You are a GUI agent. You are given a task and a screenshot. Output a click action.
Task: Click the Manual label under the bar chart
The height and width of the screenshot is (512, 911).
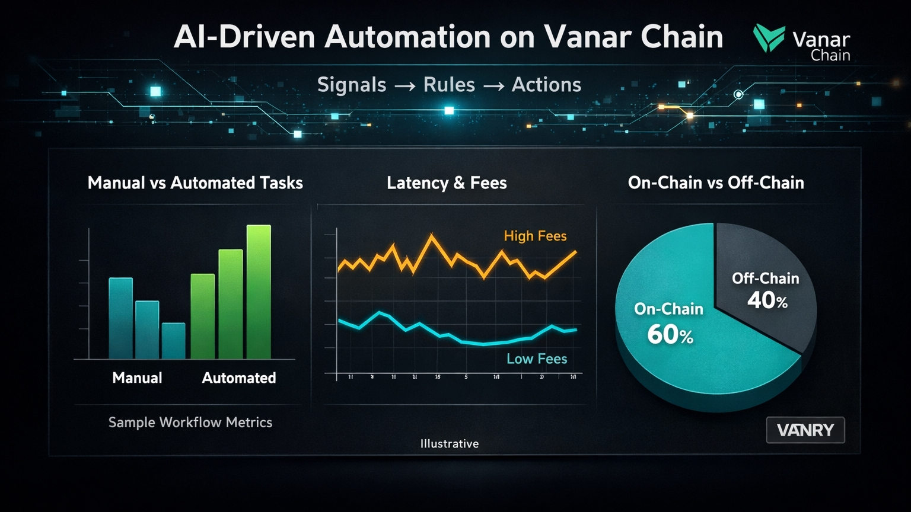(x=137, y=378)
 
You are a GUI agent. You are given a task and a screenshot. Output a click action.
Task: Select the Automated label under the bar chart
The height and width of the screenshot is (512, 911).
(x=239, y=378)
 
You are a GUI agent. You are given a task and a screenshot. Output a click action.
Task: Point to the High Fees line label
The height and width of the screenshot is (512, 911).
(x=535, y=236)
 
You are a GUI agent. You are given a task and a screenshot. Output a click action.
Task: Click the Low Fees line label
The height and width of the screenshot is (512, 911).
(x=537, y=359)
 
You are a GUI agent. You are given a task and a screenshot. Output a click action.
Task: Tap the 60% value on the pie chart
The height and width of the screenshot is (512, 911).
(x=670, y=335)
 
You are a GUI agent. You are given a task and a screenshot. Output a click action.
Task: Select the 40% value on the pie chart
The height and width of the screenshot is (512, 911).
(x=767, y=300)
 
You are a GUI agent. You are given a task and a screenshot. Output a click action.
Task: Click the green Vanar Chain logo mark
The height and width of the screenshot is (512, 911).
(x=769, y=39)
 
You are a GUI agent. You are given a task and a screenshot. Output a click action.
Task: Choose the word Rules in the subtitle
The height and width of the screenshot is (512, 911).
(x=449, y=85)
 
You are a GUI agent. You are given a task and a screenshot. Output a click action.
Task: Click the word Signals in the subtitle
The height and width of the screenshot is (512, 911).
(x=352, y=85)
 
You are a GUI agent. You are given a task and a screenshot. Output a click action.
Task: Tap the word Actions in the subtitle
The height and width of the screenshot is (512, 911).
(x=546, y=85)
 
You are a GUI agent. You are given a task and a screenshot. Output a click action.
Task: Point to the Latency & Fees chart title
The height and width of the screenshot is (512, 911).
(x=447, y=183)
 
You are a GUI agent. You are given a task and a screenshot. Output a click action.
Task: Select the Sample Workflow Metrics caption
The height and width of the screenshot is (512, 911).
(x=190, y=423)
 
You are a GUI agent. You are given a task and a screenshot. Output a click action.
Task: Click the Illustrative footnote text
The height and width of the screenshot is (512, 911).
(x=450, y=444)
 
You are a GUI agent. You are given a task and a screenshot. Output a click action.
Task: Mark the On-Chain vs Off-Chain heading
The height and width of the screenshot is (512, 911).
(x=716, y=183)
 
